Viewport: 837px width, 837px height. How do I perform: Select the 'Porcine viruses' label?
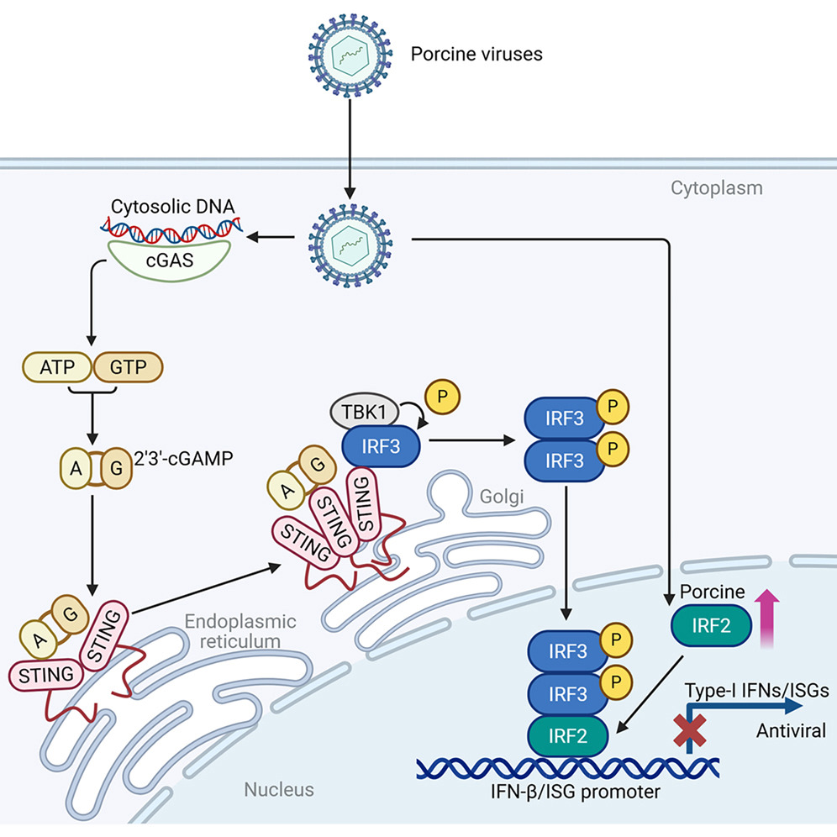(x=476, y=55)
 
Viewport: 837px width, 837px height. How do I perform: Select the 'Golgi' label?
(x=503, y=497)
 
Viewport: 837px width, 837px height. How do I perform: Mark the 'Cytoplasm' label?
(x=715, y=187)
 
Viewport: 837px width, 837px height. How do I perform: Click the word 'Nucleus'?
(x=279, y=789)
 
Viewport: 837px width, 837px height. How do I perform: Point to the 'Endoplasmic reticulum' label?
(x=240, y=632)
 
